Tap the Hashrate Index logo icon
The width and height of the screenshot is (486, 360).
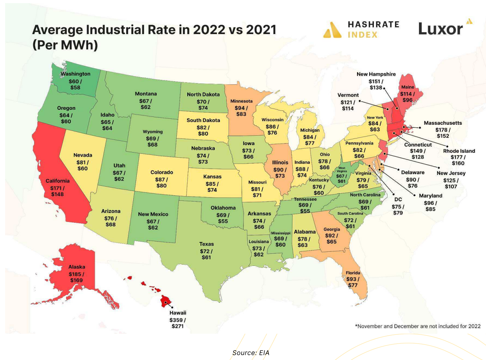332,29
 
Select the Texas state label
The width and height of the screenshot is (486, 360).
206,244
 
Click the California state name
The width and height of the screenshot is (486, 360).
57,181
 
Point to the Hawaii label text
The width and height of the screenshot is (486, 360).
178,313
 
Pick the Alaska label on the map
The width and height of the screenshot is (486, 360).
76,267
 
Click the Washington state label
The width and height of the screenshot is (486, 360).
75,74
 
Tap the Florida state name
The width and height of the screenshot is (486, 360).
353,273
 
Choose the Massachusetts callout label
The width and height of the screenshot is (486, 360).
443,123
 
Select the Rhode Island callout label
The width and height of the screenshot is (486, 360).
459,151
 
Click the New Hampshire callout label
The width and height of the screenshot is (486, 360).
376,74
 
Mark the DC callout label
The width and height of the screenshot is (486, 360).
398,199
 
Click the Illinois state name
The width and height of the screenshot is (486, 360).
280,162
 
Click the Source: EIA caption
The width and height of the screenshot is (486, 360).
250,353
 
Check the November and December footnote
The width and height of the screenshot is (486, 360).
417,326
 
